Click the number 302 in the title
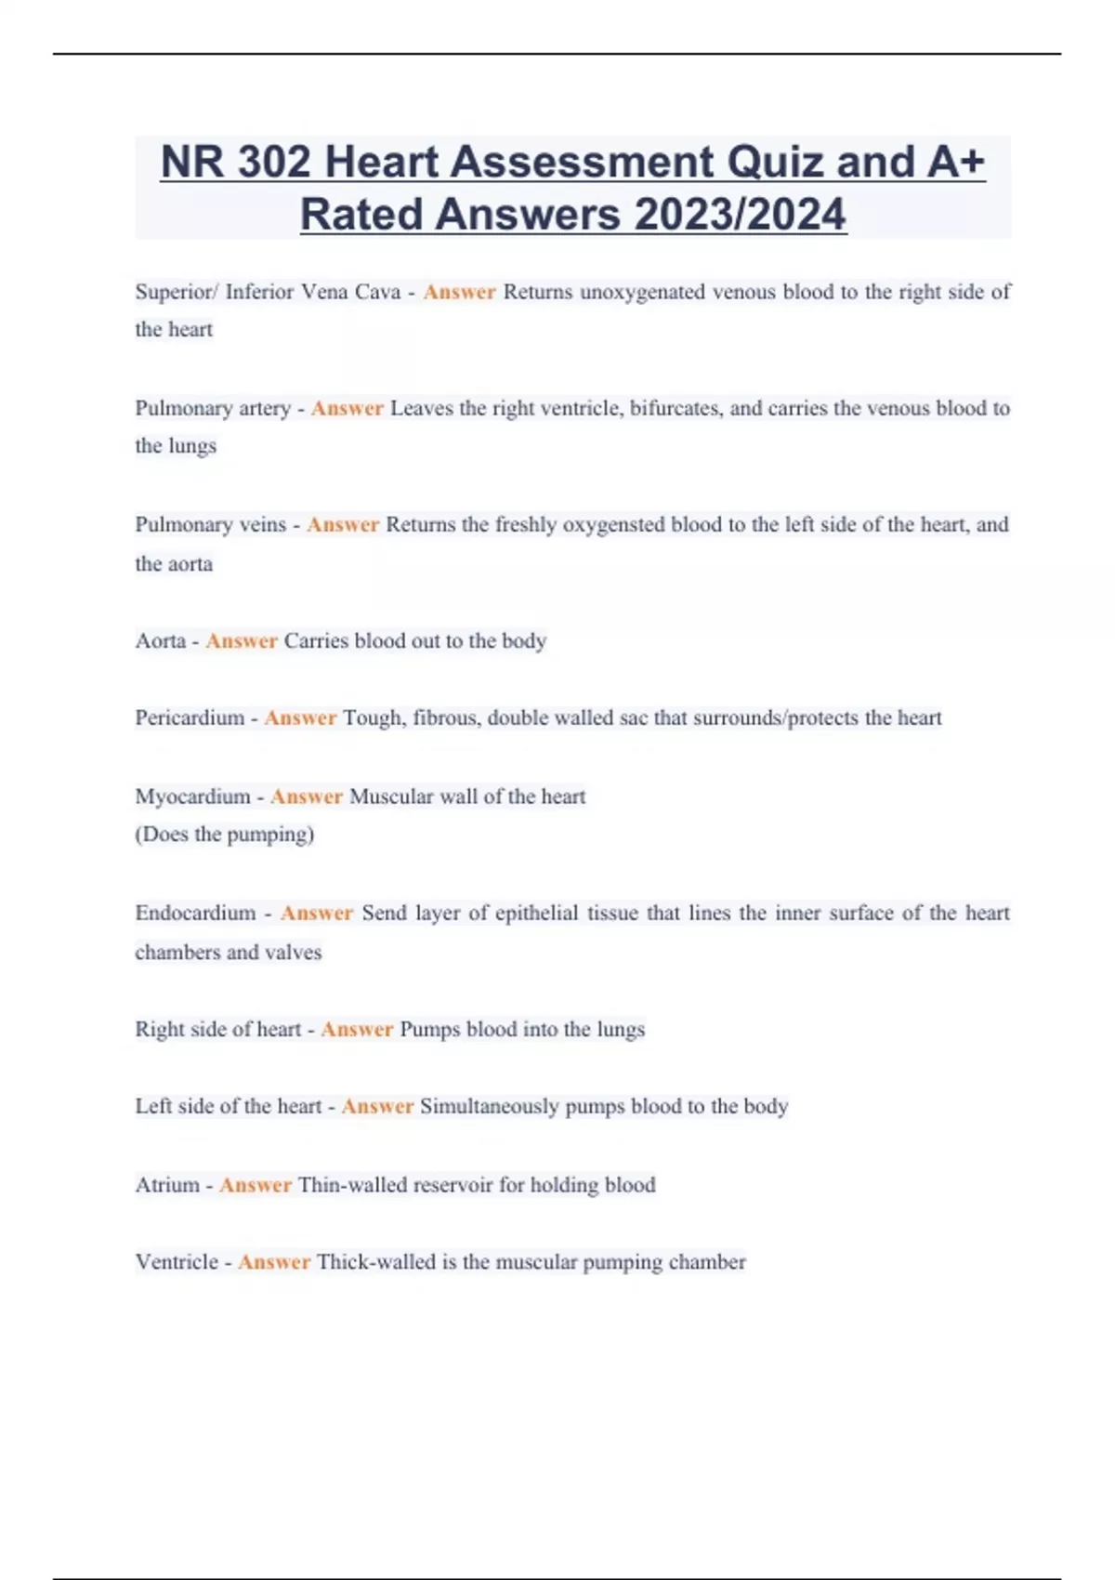click(x=273, y=162)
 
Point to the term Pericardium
click(x=190, y=718)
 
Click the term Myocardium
click(x=192, y=797)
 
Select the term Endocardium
click(x=195, y=913)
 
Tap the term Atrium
click(x=166, y=1185)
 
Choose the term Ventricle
click(x=177, y=1262)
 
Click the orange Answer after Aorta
click(x=242, y=640)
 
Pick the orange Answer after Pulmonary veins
click(x=343, y=524)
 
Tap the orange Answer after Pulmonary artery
click(x=347, y=408)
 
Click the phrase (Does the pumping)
click(x=225, y=834)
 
